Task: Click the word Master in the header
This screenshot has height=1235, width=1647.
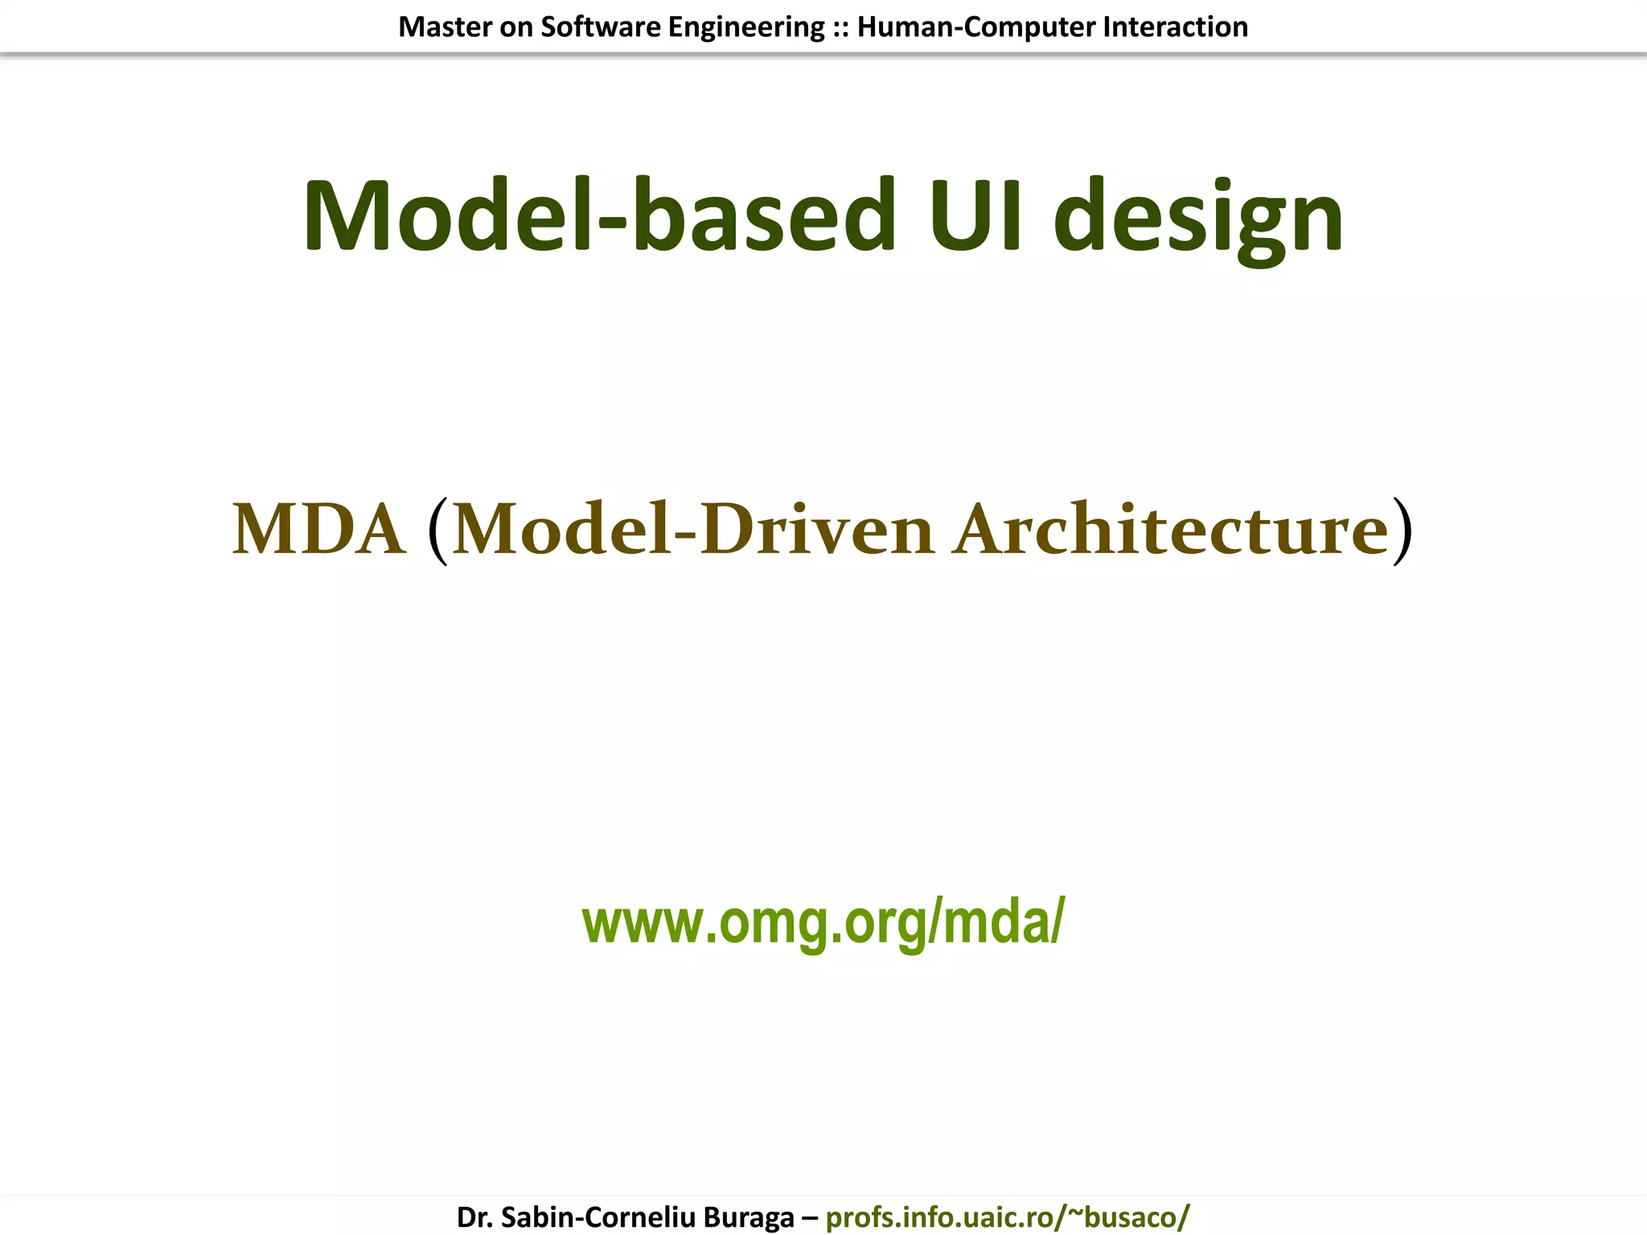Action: (x=446, y=27)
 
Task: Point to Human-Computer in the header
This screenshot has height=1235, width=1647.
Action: (x=976, y=28)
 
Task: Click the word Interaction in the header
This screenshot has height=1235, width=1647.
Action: (x=1175, y=27)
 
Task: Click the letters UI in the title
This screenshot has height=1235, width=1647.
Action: (x=975, y=215)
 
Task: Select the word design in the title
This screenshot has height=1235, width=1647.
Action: (x=1198, y=219)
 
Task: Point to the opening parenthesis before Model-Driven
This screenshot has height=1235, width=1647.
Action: (x=438, y=531)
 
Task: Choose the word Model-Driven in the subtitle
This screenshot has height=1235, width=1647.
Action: (x=693, y=529)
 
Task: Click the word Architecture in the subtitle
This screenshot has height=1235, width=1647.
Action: (x=1171, y=529)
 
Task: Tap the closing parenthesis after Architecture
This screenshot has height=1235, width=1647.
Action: (x=1402, y=531)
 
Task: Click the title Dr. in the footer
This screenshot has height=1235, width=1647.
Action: (x=474, y=1217)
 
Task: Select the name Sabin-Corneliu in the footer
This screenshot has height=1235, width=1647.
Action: (x=598, y=1217)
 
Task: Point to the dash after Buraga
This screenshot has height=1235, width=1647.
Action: (x=809, y=1217)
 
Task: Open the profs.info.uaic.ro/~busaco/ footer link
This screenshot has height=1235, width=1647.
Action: (x=1008, y=1217)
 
